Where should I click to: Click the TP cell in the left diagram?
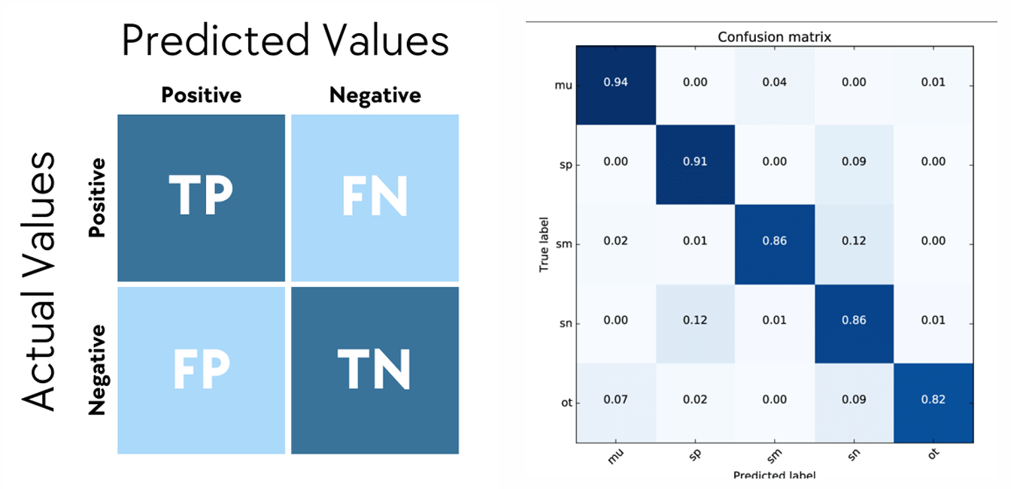201,198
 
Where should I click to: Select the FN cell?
375,198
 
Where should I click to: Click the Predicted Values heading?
285,41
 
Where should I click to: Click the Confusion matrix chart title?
774,37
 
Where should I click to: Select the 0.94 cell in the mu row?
615,83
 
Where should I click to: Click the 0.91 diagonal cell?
694,162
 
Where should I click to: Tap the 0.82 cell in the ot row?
933,400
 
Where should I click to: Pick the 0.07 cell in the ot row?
615,400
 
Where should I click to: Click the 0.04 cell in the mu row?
774,83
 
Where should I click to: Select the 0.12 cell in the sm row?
854,241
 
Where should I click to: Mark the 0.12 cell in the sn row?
694,321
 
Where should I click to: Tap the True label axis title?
544,242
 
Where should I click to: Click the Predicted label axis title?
774,475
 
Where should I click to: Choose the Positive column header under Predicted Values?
201,95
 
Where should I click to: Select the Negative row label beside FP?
97,370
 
